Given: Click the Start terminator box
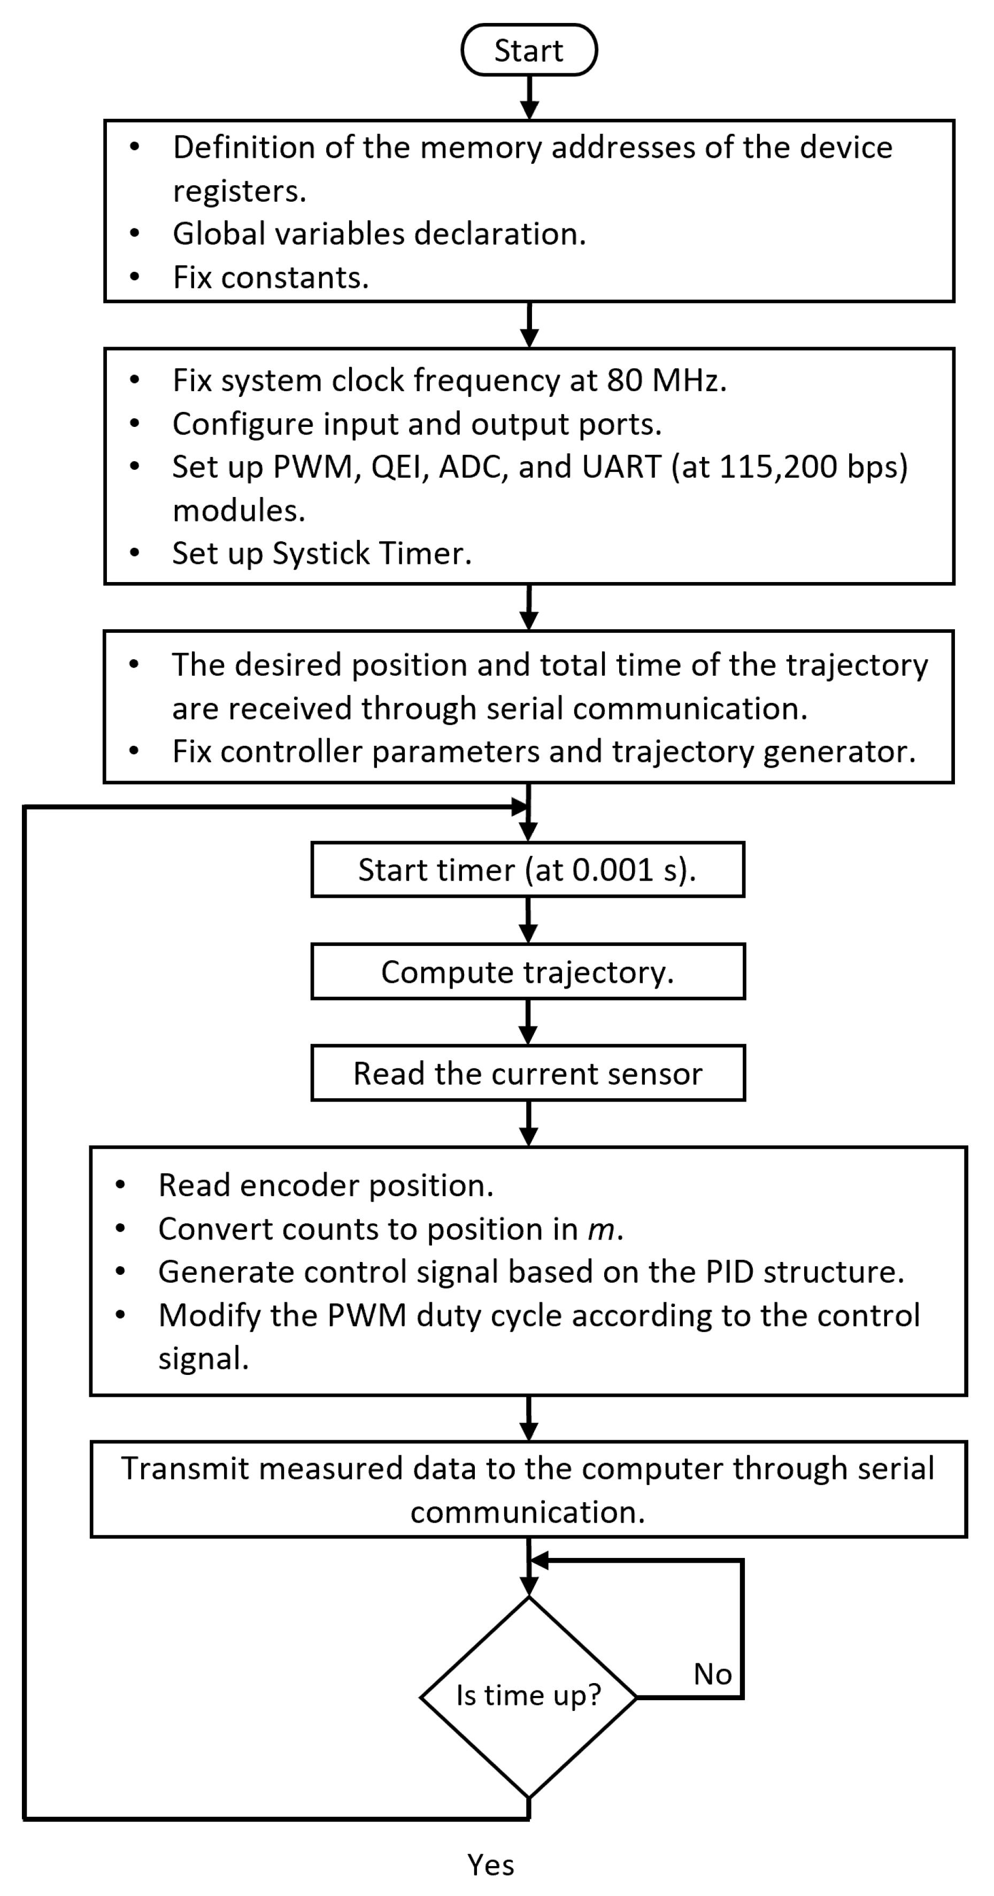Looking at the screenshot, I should [528, 50].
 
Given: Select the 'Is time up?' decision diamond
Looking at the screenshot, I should [528, 1696].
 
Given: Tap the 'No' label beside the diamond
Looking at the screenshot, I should [712, 1674].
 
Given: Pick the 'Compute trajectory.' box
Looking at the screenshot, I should [528, 972].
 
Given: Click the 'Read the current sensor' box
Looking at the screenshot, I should [528, 1073].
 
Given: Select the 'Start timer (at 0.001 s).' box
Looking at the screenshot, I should [528, 869].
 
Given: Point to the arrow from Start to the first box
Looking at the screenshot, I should [529, 98].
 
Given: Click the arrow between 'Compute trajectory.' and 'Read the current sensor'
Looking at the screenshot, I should [528, 1022].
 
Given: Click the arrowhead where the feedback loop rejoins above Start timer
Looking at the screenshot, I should [519, 807].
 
